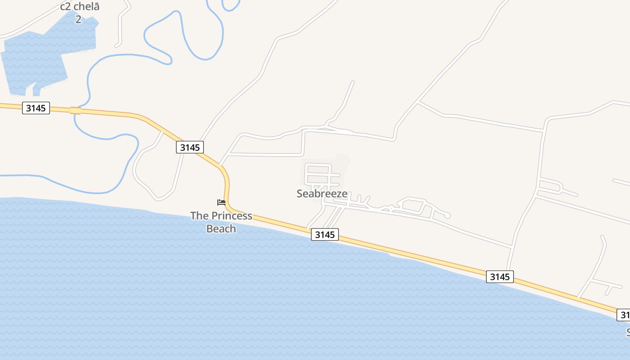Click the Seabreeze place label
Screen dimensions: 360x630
click(322, 193)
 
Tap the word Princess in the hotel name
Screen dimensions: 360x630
click(232, 216)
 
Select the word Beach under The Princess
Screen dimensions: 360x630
click(221, 229)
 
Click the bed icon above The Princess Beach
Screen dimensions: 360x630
click(221, 202)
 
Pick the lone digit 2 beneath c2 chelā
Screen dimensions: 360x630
click(78, 19)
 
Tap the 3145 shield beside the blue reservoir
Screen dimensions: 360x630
click(36, 108)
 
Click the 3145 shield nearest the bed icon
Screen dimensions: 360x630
click(190, 147)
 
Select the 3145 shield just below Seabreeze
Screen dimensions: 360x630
click(324, 234)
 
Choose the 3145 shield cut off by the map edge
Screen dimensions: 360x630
click(624, 314)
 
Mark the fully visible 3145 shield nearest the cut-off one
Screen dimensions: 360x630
click(499, 277)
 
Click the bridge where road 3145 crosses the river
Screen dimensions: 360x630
click(76, 110)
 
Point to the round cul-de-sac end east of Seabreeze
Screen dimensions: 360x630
click(447, 216)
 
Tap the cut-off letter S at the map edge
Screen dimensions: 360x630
click(628, 332)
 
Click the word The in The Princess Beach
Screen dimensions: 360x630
click(200, 216)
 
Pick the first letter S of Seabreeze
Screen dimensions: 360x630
click(300, 193)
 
